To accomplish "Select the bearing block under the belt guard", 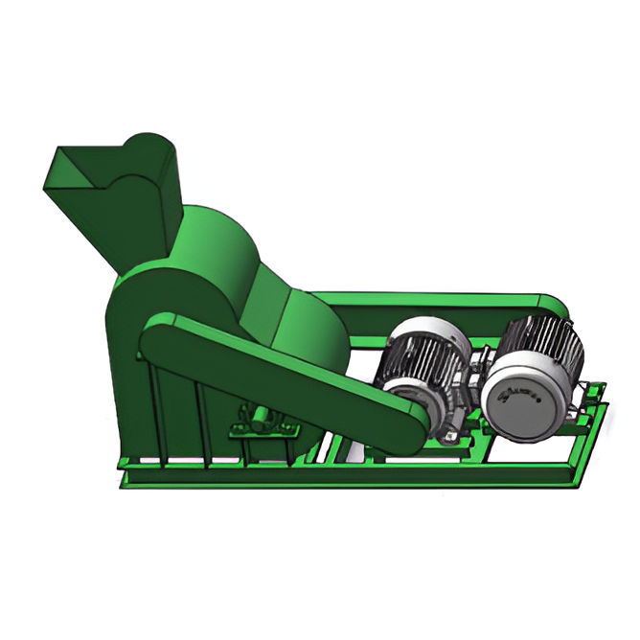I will tap(259, 418).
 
